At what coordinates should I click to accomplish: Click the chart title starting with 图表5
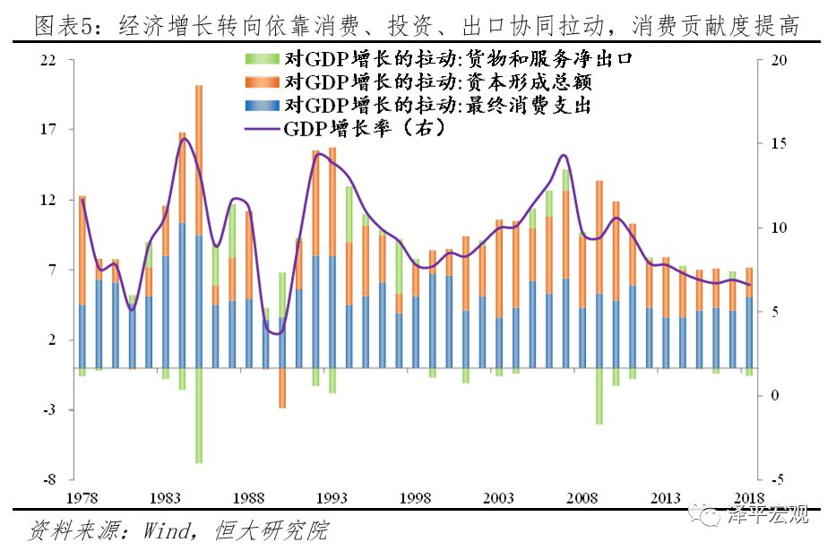click(x=417, y=25)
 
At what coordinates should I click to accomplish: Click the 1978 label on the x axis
click(x=82, y=498)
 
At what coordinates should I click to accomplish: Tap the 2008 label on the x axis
click(x=583, y=498)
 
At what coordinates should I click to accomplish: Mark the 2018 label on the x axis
click(x=749, y=498)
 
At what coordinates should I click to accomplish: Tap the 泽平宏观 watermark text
click(x=771, y=514)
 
